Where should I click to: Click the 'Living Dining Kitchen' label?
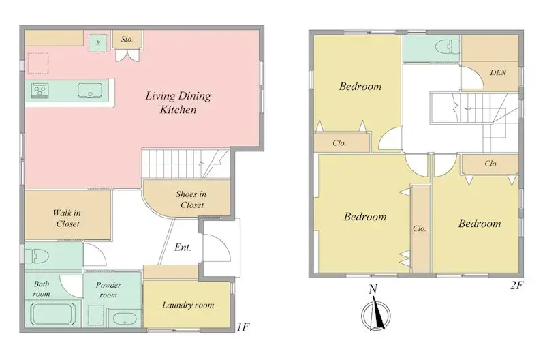point(178,102)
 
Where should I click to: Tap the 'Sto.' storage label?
point(127,40)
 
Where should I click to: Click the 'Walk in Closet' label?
point(67,218)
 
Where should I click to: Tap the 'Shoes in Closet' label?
point(191,199)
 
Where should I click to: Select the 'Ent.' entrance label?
point(183,247)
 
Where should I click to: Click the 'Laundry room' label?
point(188,305)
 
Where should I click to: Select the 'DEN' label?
point(497,72)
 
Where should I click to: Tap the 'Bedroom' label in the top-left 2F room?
point(360,87)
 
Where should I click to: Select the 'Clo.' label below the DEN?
point(491,164)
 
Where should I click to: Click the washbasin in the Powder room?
point(125,318)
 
